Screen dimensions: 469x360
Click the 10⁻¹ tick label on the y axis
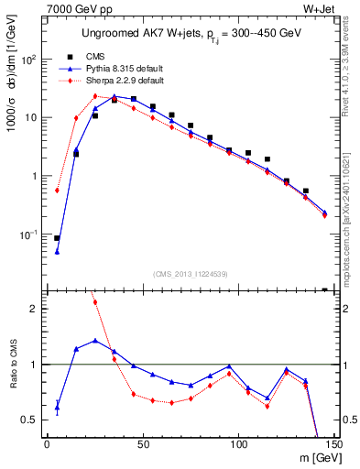(29, 234)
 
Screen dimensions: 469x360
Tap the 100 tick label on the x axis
(238, 445)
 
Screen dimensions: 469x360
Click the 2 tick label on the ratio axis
(36, 309)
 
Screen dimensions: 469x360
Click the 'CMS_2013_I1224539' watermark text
(190, 272)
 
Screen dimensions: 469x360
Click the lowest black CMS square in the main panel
(57, 238)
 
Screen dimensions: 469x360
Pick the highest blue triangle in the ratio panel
(95, 341)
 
